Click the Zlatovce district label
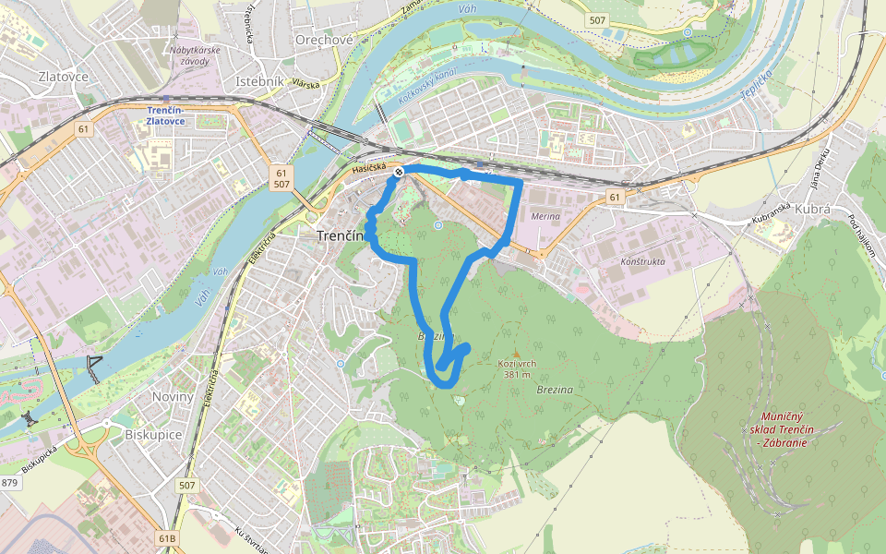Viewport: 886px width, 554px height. [x=64, y=77]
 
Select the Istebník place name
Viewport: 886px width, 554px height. [x=259, y=82]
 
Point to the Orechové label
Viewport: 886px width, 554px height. [x=324, y=40]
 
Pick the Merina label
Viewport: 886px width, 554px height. [x=546, y=215]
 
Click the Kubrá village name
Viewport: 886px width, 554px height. [x=812, y=210]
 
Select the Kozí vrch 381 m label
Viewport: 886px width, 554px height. [x=517, y=368]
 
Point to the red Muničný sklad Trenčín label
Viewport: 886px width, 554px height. [x=781, y=430]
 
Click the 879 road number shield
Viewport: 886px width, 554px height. [x=10, y=483]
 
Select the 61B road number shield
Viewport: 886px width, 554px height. [x=167, y=537]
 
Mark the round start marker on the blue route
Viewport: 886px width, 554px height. [x=399, y=172]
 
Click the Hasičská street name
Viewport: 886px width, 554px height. [x=367, y=168]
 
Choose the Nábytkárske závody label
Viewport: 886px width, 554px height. [x=189, y=55]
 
